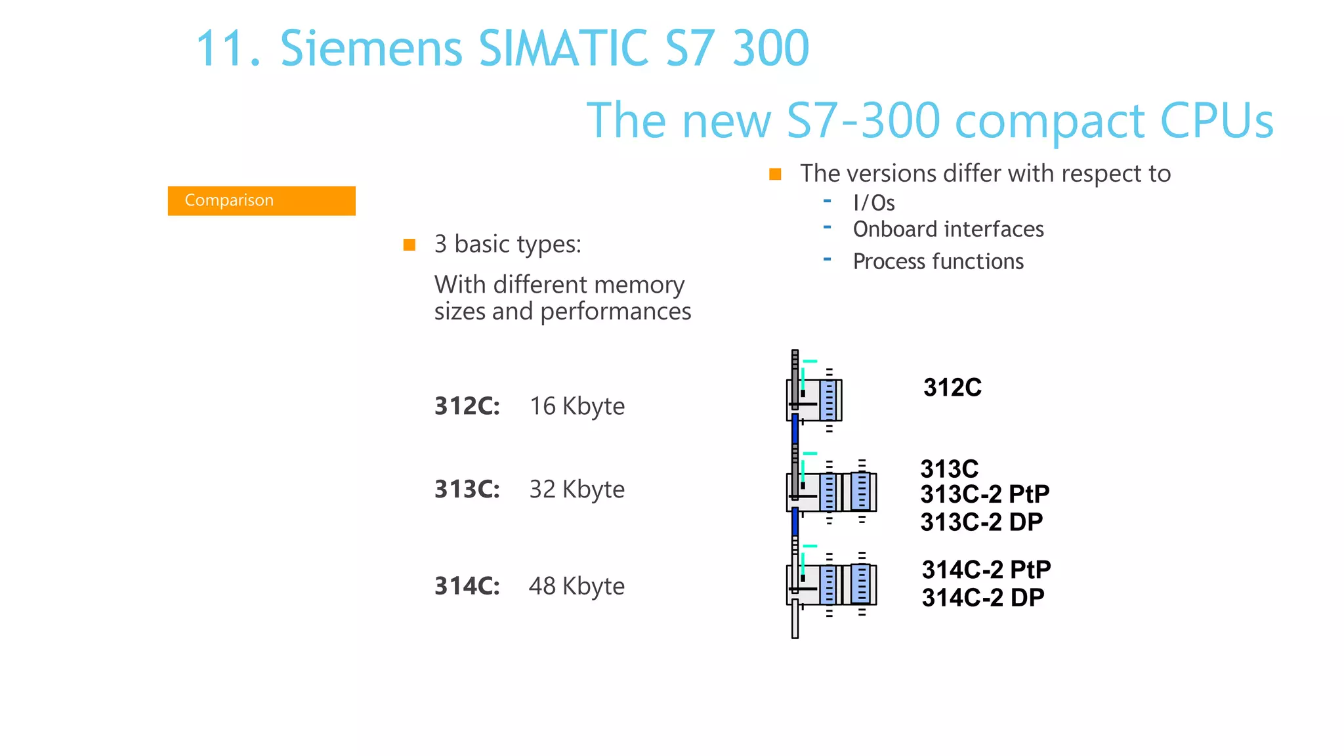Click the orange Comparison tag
pyautogui.click(x=261, y=200)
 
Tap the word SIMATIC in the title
pyautogui.click(x=564, y=49)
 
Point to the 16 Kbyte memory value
pyautogui.click(x=577, y=406)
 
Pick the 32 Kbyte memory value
pyautogui.click(x=577, y=490)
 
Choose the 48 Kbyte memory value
pyautogui.click(x=576, y=586)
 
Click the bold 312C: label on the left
pyautogui.click(x=467, y=406)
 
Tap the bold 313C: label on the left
pyautogui.click(x=467, y=490)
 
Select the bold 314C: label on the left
pyautogui.click(x=467, y=586)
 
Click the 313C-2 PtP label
pyautogui.click(x=984, y=493)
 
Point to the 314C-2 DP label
pyautogui.click(x=982, y=598)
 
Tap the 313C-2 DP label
pyautogui.click(x=981, y=522)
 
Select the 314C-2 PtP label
pyautogui.click(x=986, y=570)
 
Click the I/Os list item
pyautogui.click(x=873, y=203)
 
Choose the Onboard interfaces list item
pyautogui.click(x=948, y=230)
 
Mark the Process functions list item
pyautogui.click(x=938, y=262)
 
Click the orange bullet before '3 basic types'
pyautogui.click(x=409, y=245)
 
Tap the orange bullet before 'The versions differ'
pyautogui.click(x=775, y=175)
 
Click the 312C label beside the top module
pyautogui.click(x=952, y=388)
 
